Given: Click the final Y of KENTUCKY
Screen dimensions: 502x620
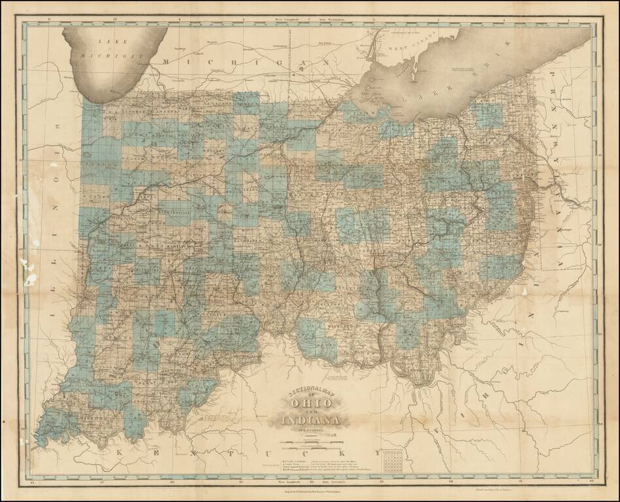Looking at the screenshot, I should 377,452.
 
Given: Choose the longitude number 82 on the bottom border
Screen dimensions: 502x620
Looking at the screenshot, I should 451,482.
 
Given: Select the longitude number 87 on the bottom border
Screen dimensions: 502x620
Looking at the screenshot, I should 102,482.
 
